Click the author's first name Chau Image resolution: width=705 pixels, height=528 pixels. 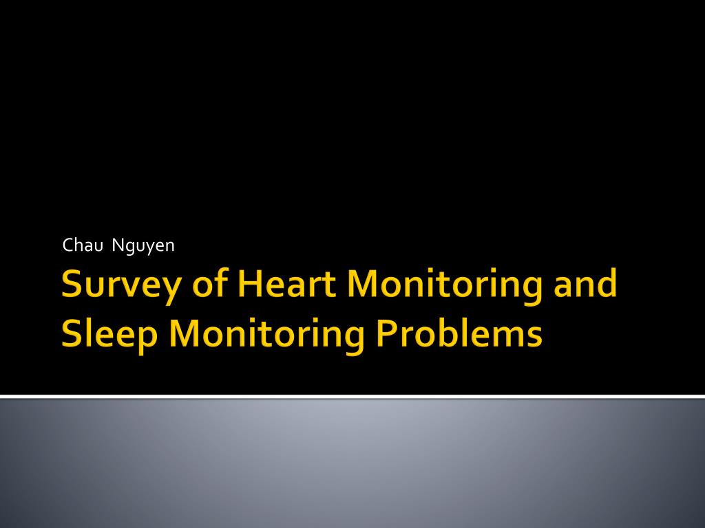[x=83, y=245]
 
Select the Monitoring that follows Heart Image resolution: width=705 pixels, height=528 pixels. [x=444, y=286]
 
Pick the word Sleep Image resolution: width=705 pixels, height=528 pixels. [x=109, y=335]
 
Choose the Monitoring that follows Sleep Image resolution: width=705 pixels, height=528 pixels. [x=266, y=335]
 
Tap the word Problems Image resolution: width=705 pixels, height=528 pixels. [x=459, y=333]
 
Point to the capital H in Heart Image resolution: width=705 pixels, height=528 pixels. [x=250, y=283]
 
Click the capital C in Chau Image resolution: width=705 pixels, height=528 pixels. [x=68, y=245]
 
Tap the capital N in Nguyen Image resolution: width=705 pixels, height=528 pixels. [x=118, y=245]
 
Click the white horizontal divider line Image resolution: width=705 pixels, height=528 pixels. [x=352, y=397]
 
